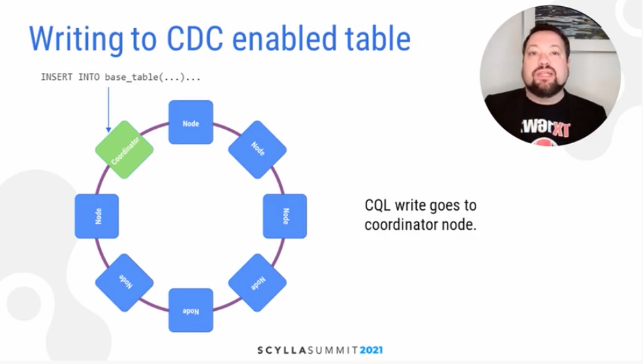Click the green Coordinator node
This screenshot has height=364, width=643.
[124, 150]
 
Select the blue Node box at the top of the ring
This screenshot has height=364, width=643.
[191, 122]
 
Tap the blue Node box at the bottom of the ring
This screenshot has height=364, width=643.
[191, 310]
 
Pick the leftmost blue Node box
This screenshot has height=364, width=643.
[97, 216]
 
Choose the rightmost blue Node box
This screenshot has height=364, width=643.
[285, 216]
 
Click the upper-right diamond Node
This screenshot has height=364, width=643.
[257, 150]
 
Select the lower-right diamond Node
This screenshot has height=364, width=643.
[257, 283]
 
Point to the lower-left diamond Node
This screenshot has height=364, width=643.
[124, 283]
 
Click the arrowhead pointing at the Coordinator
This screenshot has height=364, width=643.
[109, 130]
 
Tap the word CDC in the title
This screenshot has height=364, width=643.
[195, 39]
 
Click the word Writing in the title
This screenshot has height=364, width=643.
[76, 40]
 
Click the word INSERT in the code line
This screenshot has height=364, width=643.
[57, 77]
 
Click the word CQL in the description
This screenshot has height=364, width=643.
[377, 206]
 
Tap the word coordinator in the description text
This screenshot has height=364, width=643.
[401, 225]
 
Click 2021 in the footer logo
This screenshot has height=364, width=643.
[371, 350]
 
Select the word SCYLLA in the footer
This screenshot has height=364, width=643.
[282, 350]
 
